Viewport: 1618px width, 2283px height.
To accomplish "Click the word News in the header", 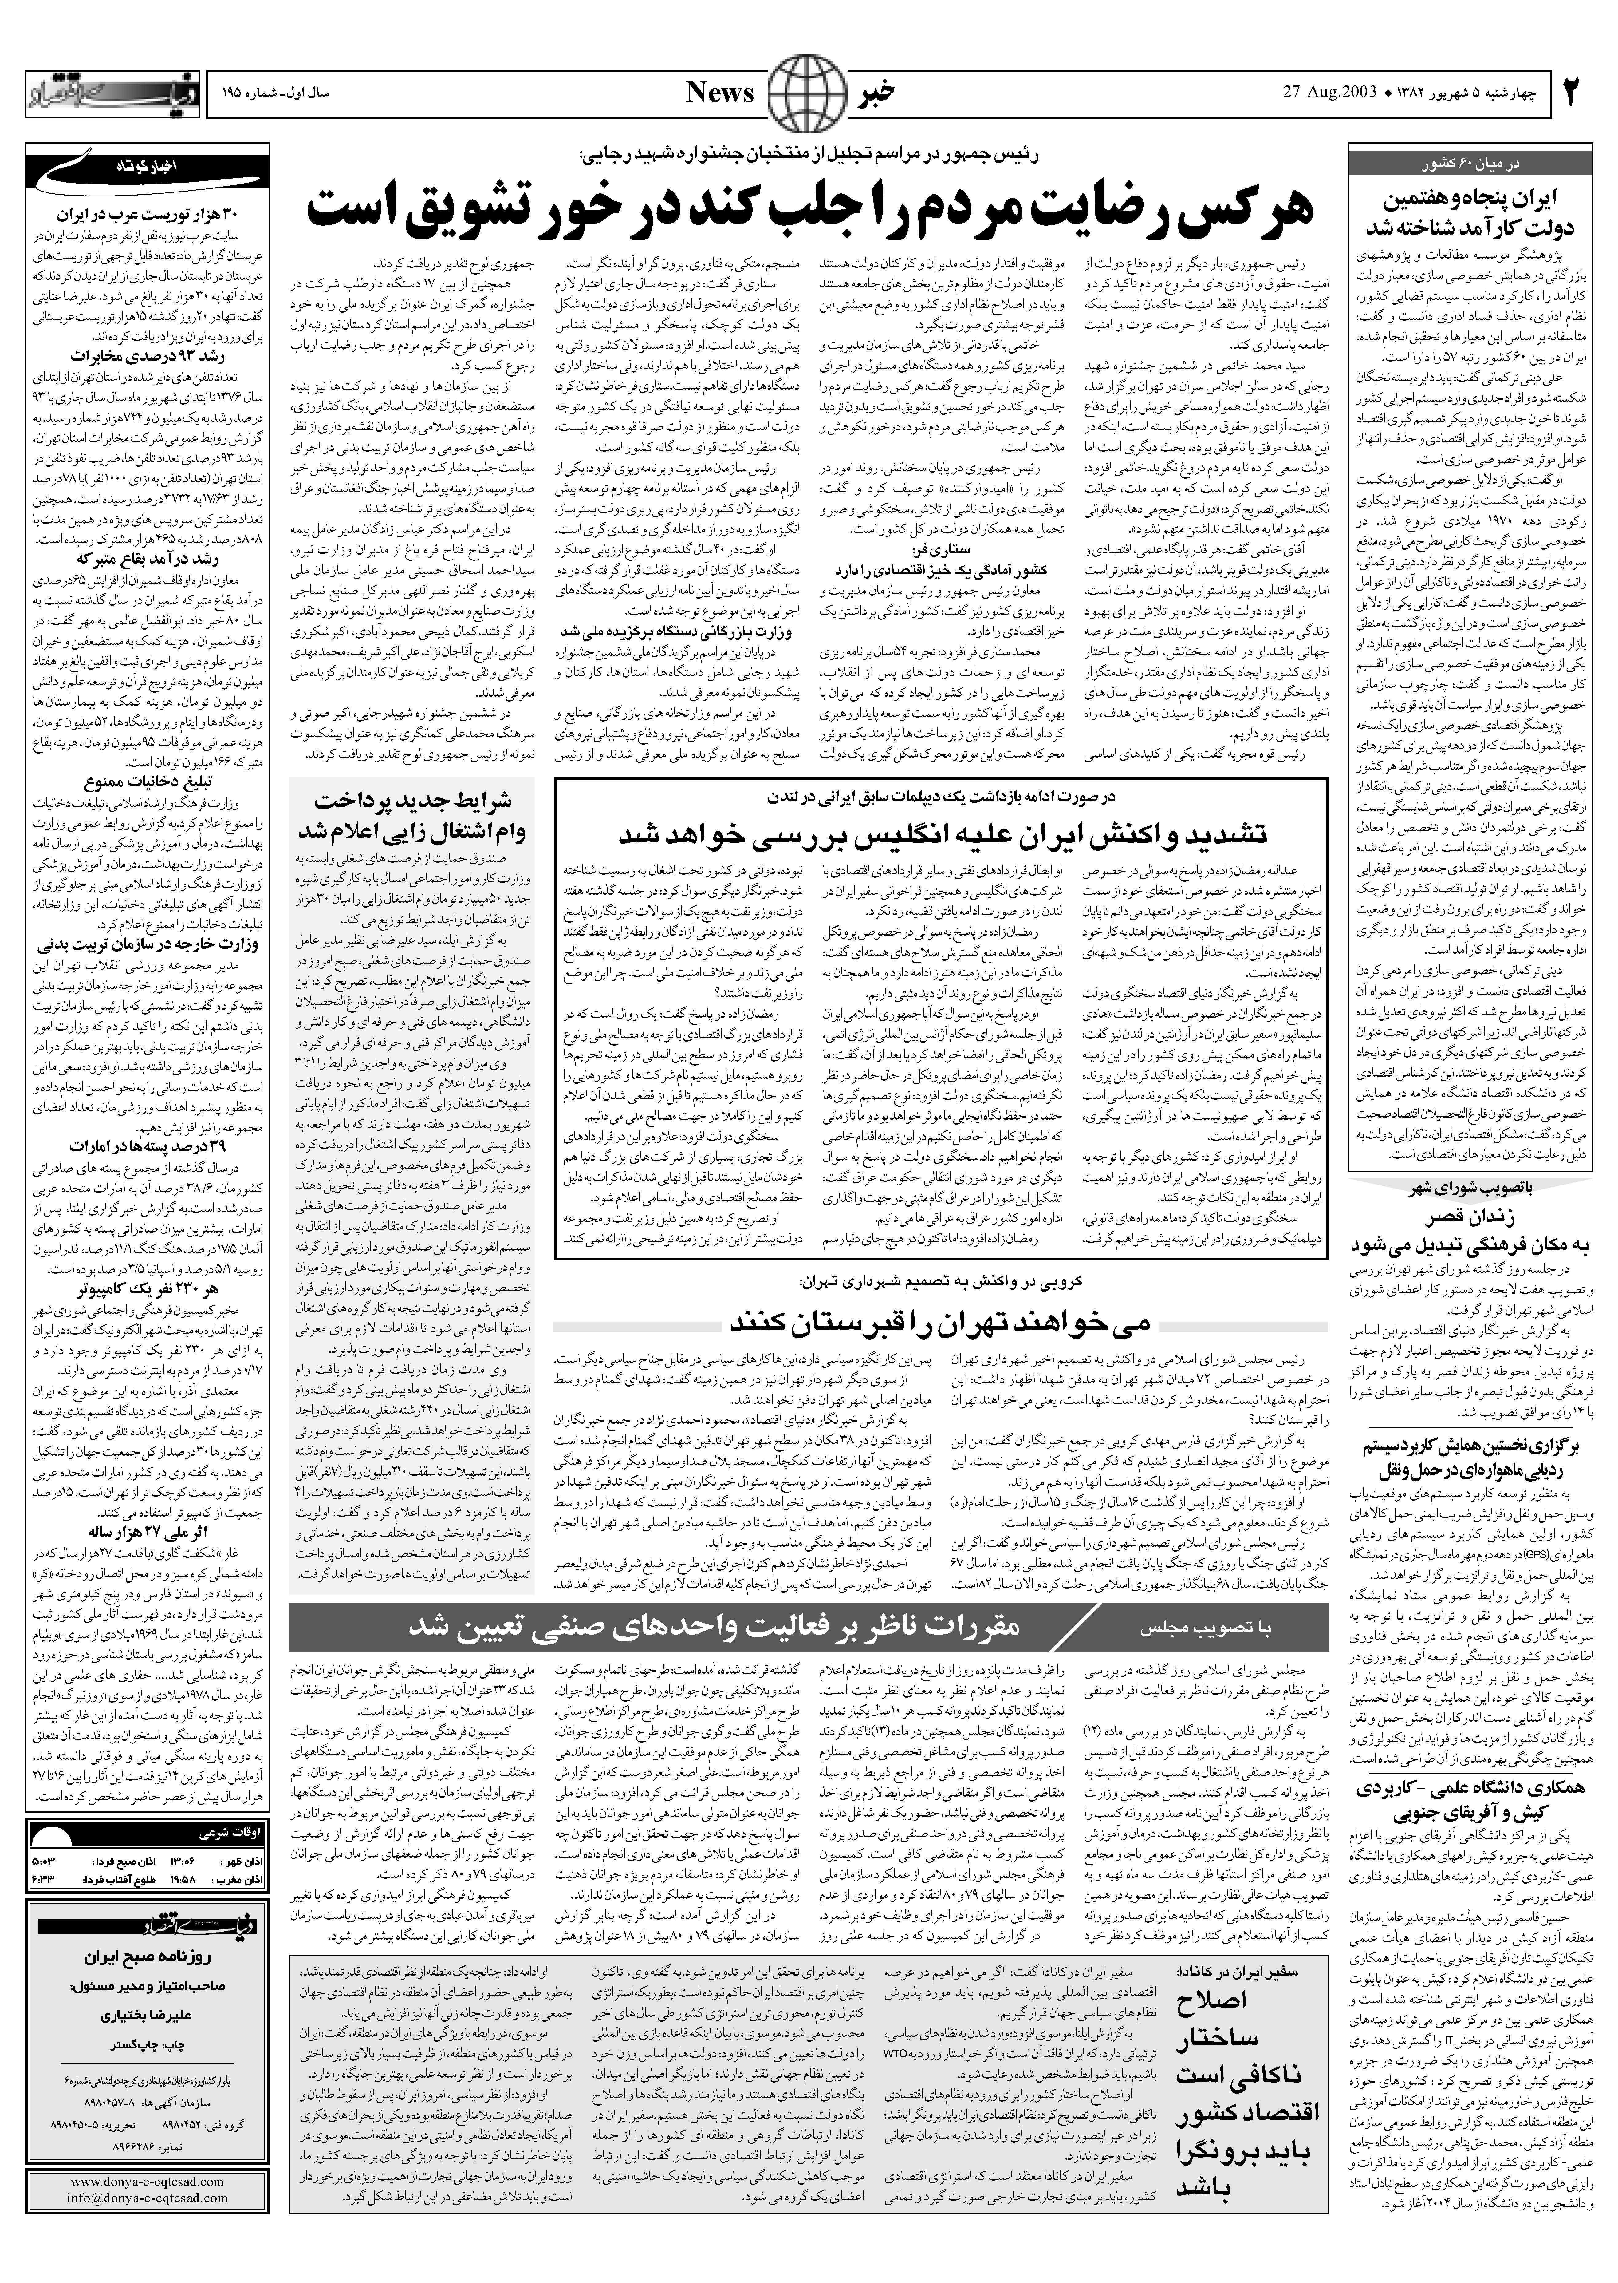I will click(x=720, y=94).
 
